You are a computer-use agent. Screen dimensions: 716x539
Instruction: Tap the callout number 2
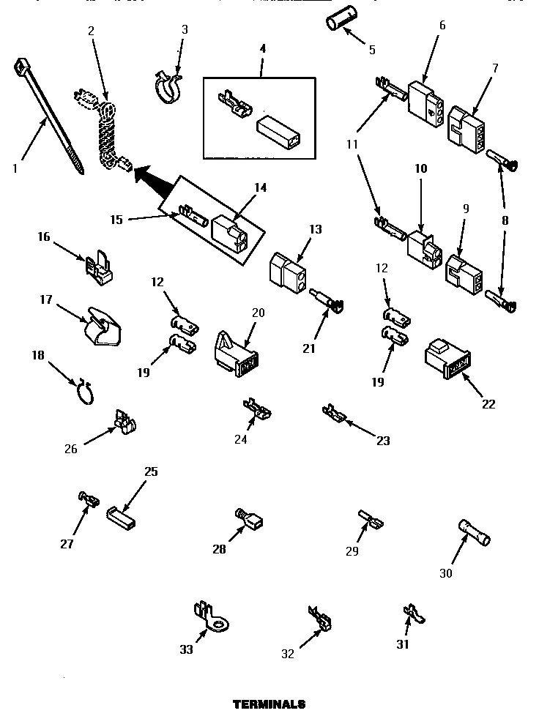91,31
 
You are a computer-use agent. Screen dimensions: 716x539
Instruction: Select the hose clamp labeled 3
168,87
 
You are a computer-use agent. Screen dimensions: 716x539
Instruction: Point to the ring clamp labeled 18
85,392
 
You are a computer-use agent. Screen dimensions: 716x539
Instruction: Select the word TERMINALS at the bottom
269,704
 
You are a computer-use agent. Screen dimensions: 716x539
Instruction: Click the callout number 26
71,450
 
